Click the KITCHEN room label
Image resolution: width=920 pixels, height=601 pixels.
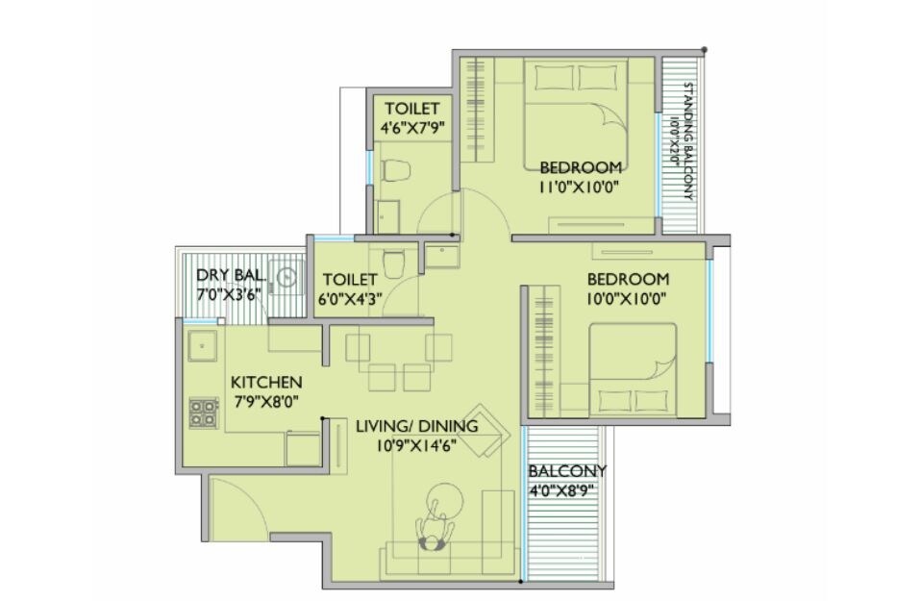click(x=266, y=382)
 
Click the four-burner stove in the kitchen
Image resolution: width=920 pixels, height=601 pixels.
click(x=203, y=412)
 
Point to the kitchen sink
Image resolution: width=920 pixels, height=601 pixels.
click(x=202, y=340)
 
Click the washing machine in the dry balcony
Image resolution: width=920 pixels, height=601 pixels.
click(x=286, y=278)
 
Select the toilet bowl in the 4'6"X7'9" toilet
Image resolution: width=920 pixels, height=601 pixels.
click(x=395, y=171)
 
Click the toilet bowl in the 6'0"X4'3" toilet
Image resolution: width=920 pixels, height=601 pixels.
click(x=393, y=260)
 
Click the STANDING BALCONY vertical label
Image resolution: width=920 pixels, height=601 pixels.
click(x=687, y=140)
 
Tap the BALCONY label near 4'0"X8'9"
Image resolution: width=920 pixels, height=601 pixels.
click(x=566, y=470)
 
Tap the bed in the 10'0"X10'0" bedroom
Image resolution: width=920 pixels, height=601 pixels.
click(x=632, y=369)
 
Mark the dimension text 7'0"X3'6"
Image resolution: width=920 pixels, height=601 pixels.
click(x=228, y=295)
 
